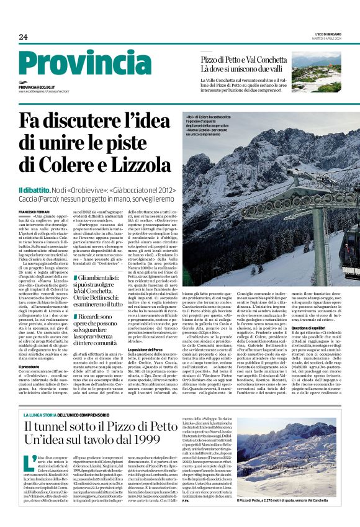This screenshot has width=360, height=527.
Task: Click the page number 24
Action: (23, 36)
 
